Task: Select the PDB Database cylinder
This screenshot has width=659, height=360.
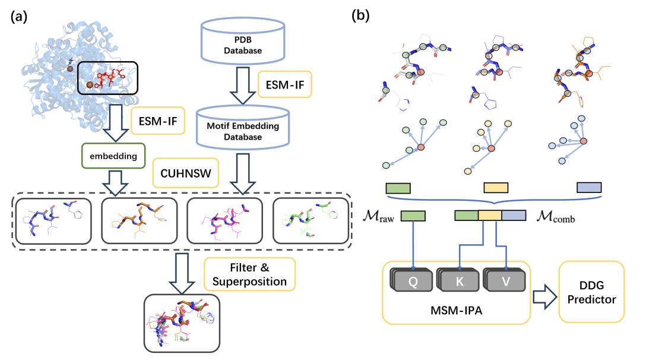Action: point(242,40)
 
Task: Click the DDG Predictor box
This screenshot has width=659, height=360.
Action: point(592,292)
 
